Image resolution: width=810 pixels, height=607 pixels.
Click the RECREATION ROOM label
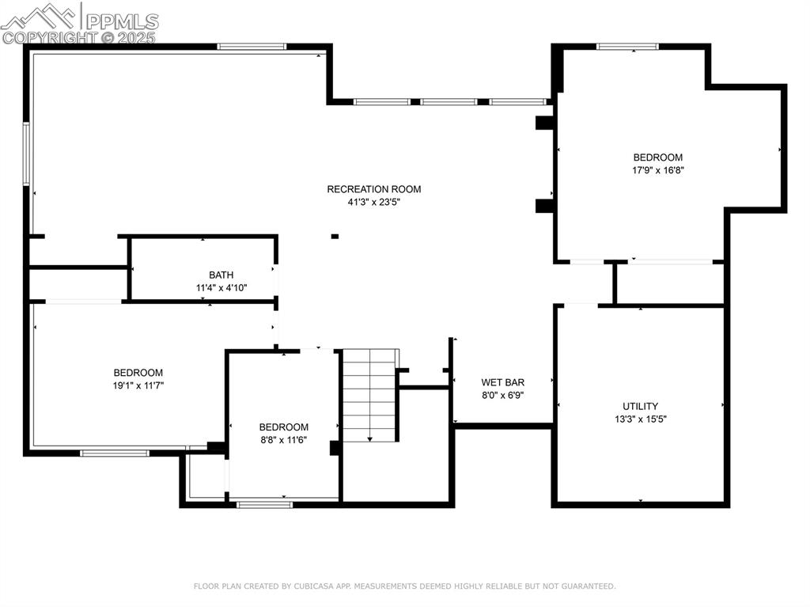(373, 189)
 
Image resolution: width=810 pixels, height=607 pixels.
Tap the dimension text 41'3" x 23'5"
(373, 202)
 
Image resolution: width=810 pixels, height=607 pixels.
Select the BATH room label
(221, 275)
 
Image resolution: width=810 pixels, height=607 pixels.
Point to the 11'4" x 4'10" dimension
(221, 288)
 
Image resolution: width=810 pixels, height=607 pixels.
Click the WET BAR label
(503, 382)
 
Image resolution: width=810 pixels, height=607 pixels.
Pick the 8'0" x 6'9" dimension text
(503, 395)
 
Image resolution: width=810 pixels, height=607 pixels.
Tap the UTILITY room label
(640, 407)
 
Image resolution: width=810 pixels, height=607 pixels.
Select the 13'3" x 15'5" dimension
(640, 419)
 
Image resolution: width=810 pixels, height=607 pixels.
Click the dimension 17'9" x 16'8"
(657, 169)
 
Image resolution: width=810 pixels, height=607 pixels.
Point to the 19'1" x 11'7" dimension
(138, 385)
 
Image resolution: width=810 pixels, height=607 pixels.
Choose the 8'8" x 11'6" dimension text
(283, 440)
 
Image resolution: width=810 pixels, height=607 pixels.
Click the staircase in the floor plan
(369, 394)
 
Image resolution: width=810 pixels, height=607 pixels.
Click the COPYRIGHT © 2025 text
(79, 37)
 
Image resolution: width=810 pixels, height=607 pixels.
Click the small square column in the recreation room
(335, 236)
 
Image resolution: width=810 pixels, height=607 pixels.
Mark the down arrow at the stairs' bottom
(369, 437)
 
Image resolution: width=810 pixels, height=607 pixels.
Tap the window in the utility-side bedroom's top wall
(627, 46)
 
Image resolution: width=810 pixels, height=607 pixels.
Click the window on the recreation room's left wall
(26, 154)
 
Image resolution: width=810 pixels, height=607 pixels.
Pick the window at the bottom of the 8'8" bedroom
(264, 504)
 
